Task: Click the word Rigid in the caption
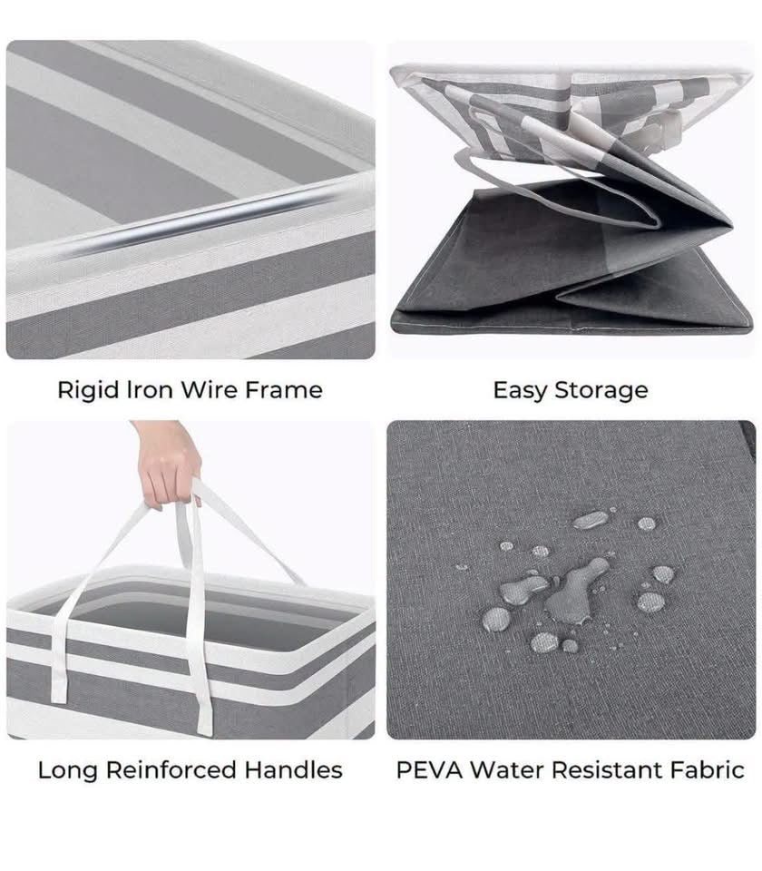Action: (x=88, y=390)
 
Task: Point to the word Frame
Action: (x=284, y=390)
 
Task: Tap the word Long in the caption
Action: (x=67, y=770)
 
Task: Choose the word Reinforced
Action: (x=171, y=770)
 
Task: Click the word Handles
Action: (x=294, y=770)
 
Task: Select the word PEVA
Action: (x=429, y=770)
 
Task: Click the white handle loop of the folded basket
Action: (x=555, y=183)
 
